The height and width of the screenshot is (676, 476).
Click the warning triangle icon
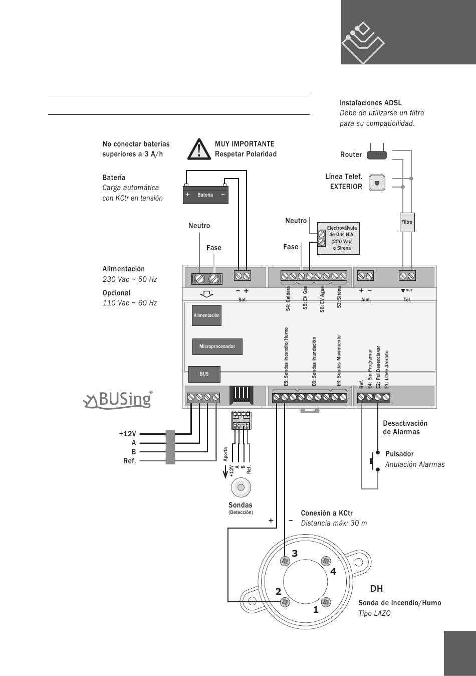click(x=198, y=149)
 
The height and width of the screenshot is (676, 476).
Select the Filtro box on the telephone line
click(x=407, y=222)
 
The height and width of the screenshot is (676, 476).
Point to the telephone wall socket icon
click(x=377, y=183)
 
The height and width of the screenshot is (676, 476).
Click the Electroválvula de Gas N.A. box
click(x=338, y=238)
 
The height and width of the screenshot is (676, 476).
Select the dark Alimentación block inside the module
click(x=206, y=315)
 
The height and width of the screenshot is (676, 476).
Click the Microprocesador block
click(x=217, y=347)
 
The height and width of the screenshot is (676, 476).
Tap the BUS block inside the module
click(x=204, y=374)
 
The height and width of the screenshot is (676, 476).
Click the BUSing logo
click(x=118, y=400)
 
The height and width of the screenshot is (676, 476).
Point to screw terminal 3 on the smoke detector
click(x=285, y=561)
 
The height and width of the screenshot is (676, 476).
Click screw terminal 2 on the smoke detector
click(x=285, y=602)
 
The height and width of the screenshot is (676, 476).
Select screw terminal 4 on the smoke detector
click(x=326, y=561)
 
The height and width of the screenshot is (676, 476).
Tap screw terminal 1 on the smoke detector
click(x=326, y=602)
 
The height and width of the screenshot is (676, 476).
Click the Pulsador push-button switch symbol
click(x=374, y=461)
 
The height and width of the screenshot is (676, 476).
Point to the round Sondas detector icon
click(x=241, y=487)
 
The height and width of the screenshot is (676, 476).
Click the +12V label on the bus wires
click(x=127, y=434)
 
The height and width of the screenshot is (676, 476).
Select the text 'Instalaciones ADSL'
click(x=370, y=103)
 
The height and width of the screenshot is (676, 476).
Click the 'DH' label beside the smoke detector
click(x=376, y=588)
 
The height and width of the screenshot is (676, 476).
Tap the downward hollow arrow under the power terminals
click(x=207, y=294)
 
